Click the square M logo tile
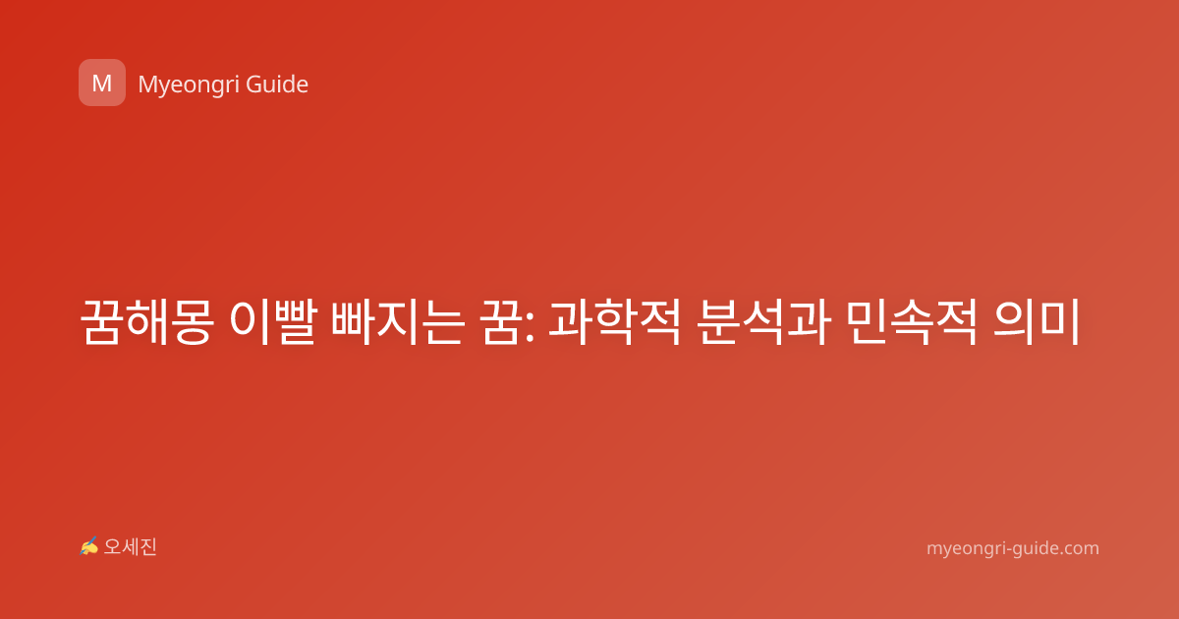[102, 83]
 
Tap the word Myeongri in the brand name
[188, 85]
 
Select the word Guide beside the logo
[277, 84]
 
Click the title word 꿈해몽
[146, 321]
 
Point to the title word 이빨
[273, 321]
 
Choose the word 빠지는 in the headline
[398, 321]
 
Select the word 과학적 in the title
[615, 321]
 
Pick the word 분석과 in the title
[764, 321]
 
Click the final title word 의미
[1037, 321]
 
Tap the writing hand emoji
[89, 546]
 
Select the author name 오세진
[130, 547]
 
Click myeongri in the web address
[969, 549]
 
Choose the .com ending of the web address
[1080, 548]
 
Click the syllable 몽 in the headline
[193, 321]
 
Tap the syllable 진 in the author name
[148, 547]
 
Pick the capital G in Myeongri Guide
[253, 84]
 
